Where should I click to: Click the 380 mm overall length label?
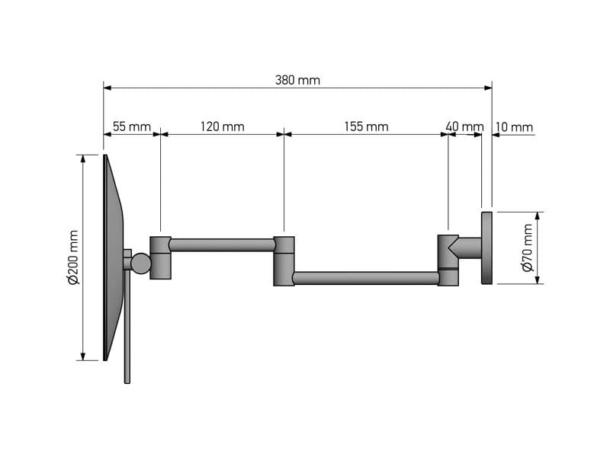click(297, 81)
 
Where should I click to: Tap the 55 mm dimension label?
click(131, 126)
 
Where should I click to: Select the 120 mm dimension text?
click(222, 126)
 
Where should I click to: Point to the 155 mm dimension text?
click(366, 126)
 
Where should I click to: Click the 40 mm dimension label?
click(464, 126)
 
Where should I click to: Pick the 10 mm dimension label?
click(514, 127)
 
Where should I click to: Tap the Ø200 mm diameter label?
click(73, 257)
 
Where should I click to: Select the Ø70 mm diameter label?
click(528, 248)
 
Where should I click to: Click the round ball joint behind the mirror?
click(141, 263)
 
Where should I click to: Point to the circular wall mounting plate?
click(486, 248)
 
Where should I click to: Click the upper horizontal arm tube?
click(222, 244)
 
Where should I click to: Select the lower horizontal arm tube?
click(366, 278)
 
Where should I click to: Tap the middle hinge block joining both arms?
click(284, 261)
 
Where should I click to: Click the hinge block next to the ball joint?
click(160, 257)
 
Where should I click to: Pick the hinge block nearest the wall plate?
click(448, 260)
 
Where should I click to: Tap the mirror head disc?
click(113, 257)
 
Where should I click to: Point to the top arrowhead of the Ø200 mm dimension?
click(83, 158)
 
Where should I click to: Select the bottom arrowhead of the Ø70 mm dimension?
click(538, 280)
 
